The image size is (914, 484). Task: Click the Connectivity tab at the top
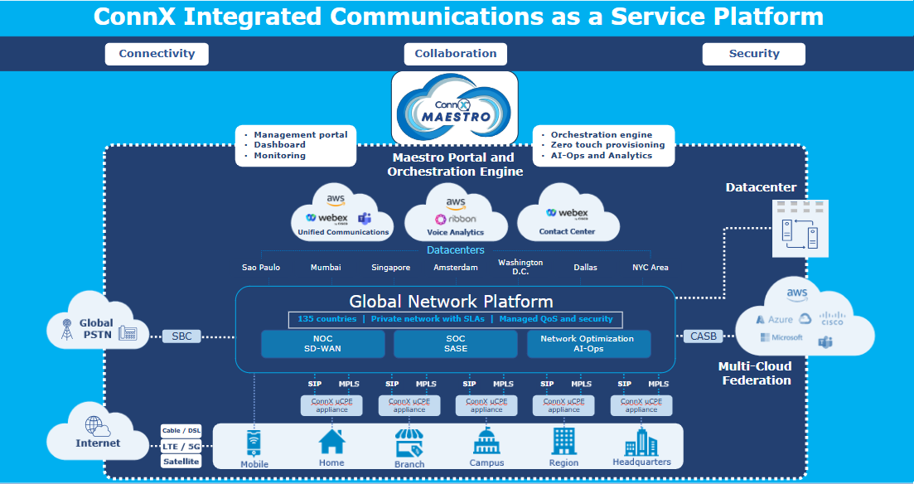[x=157, y=54]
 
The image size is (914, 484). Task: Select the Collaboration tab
[x=455, y=54]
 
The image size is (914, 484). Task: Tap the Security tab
[x=753, y=54]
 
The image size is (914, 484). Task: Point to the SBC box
[x=181, y=336]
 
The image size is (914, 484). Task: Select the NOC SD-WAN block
[x=323, y=344]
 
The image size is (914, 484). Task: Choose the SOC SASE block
[x=456, y=344]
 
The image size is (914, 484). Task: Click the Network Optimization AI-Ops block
[x=587, y=344]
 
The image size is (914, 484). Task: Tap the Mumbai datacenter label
[x=326, y=268]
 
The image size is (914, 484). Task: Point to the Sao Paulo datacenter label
[x=261, y=268]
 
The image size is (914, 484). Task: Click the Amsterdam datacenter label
[x=456, y=268]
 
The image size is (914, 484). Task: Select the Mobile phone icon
[x=254, y=443]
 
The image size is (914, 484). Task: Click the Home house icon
[x=331, y=442]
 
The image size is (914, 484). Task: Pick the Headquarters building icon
[x=641, y=442]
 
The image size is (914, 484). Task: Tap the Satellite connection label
[x=181, y=462]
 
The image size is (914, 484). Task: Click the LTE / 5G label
[x=181, y=447]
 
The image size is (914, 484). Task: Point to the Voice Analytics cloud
[x=456, y=213]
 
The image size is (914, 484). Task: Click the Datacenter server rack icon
[x=800, y=228]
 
